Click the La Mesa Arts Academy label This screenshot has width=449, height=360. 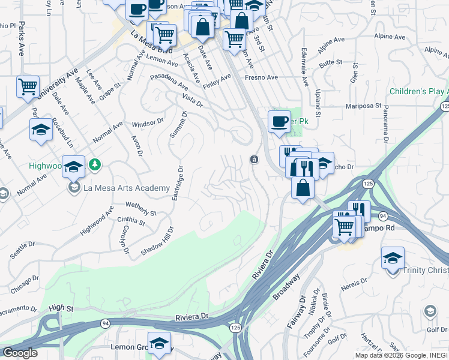click(127, 188)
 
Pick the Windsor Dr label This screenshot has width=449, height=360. click(148, 124)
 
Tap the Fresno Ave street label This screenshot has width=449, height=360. click(261, 77)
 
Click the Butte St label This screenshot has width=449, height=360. click(331, 62)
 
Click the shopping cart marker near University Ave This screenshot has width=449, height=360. click(28, 86)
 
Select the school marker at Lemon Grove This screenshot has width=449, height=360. click(159, 343)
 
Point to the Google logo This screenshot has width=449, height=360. click(20, 353)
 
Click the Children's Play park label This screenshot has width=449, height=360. click(419, 91)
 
